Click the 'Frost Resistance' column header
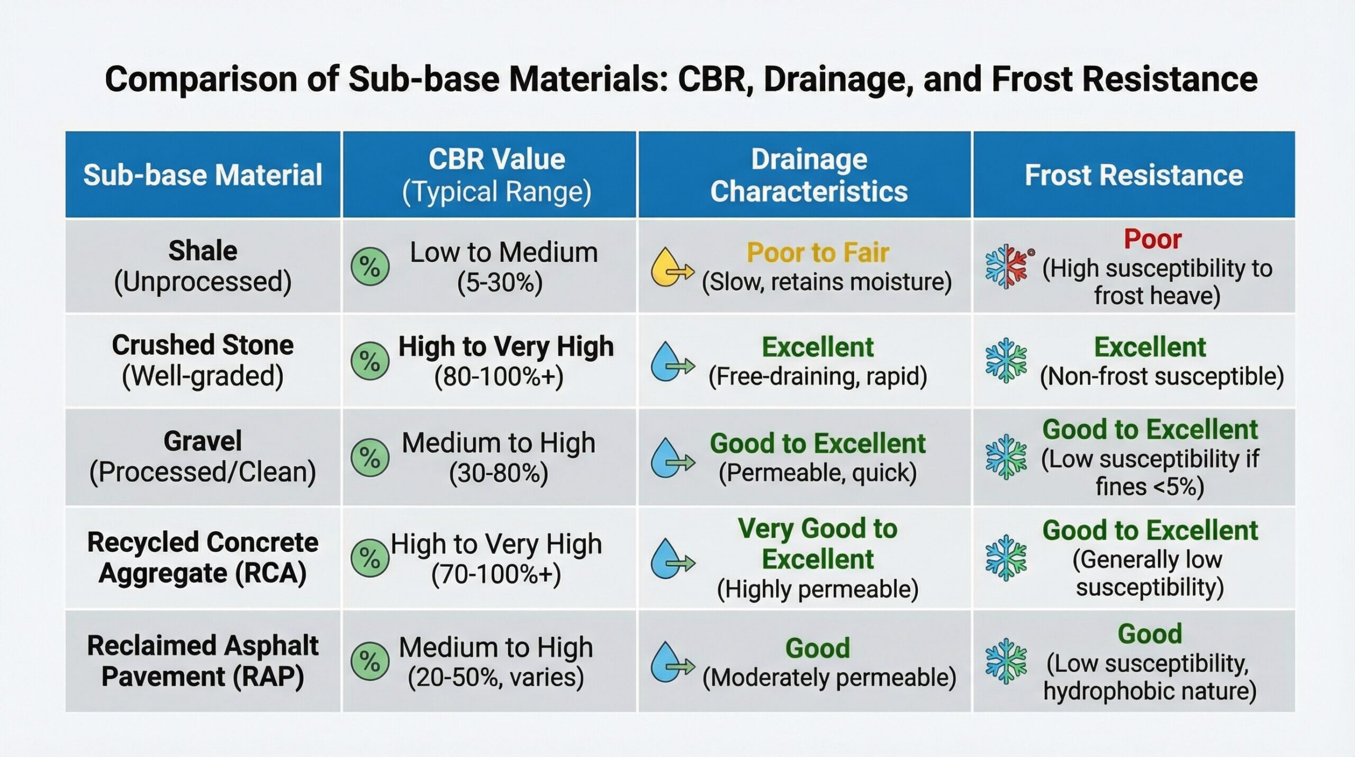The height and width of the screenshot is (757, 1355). tap(1133, 175)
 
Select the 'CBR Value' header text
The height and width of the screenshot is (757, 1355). tap(496, 159)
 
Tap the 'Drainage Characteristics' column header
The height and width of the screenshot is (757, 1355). tap(808, 175)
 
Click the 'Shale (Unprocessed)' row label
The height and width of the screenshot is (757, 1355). tap(203, 266)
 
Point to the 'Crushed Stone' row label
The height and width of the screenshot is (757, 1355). tap(203, 345)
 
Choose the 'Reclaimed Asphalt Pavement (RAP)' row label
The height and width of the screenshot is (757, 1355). tap(203, 661)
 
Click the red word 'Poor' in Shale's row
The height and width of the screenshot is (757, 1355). tap(1152, 239)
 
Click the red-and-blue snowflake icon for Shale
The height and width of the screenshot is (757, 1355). tap(1006, 266)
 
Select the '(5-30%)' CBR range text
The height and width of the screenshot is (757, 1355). tap(500, 282)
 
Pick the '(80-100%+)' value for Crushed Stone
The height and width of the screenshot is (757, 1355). tap(499, 377)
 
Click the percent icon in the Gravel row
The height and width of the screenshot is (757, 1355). tap(370, 458)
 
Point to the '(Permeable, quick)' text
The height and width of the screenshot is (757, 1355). tap(817, 473)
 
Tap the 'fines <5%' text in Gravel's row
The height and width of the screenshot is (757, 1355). tap(1150, 487)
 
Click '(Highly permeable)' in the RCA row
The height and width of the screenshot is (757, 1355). tap(817, 589)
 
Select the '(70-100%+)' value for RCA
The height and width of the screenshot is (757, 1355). tap(496, 574)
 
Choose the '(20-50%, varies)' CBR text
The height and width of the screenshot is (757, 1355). tap(496, 678)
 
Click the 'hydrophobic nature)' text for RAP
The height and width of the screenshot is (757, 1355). tap(1150, 691)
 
